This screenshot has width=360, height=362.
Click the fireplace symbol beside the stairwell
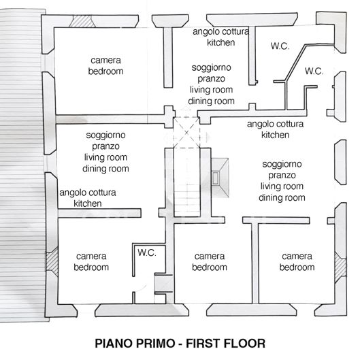[x=220, y=174]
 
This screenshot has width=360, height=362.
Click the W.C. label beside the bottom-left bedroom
[x=147, y=252]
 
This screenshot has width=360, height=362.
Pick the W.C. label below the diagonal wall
[x=314, y=71]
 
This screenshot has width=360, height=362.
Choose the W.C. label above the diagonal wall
[x=280, y=46]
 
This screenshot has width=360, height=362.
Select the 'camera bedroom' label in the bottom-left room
[x=91, y=261]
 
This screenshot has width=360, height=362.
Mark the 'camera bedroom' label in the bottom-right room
[x=297, y=261]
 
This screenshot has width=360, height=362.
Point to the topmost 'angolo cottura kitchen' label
[x=220, y=37]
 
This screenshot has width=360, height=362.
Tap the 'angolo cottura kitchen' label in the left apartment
[x=88, y=197]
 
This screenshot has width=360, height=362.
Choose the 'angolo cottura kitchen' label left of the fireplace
[x=275, y=129]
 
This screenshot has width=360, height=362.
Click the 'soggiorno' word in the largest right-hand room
[x=282, y=164]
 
